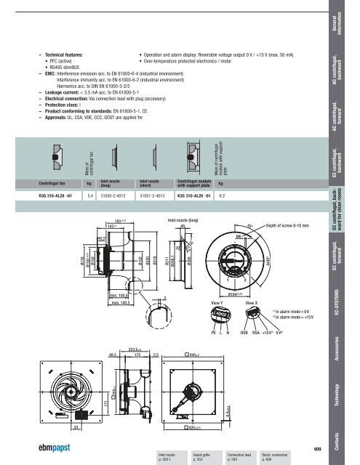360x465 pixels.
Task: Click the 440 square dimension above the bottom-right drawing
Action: point(193,354)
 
